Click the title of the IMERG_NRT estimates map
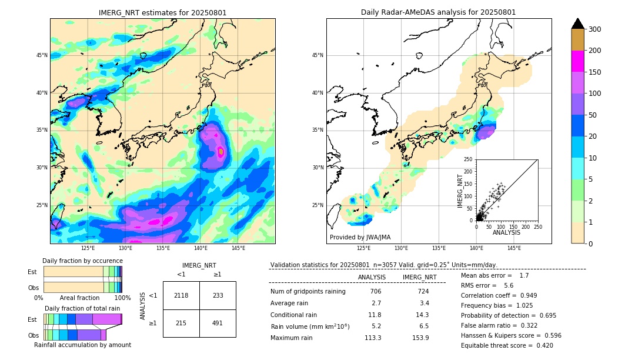(x=162, y=12)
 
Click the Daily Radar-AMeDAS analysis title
(x=439, y=12)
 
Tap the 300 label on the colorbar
(x=594, y=29)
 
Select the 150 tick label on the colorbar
(x=594, y=72)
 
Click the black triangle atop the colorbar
(x=578, y=24)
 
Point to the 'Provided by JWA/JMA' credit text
(x=360, y=237)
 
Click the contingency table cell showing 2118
(x=181, y=295)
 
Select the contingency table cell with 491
(x=218, y=323)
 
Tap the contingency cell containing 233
(x=218, y=295)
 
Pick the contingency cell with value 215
(x=181, y=323)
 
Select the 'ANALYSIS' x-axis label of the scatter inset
(x=506, y=232)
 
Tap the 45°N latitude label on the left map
(x=42, y=55)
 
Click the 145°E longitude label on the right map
(x=514, y=248)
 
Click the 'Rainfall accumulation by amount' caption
(x=82, y=345)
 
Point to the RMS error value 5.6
(x=509, y=285)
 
